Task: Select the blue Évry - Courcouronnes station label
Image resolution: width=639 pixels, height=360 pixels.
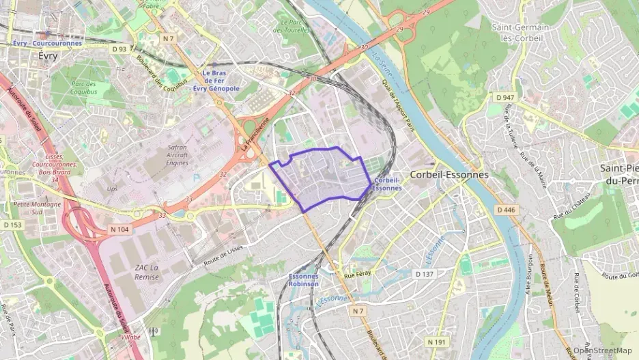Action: pos(47,43)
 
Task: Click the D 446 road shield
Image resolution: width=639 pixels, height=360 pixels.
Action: pos(506,210)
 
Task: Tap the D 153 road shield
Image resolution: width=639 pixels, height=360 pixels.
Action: pos(12,224)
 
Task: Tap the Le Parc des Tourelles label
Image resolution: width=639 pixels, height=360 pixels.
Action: pos(292,26)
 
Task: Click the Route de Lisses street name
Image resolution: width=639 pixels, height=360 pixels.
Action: pos(223,255)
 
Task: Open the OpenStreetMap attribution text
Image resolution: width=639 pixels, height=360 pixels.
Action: pos(603,350)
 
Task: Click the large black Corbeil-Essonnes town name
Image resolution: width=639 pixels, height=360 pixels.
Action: pos(449,175)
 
